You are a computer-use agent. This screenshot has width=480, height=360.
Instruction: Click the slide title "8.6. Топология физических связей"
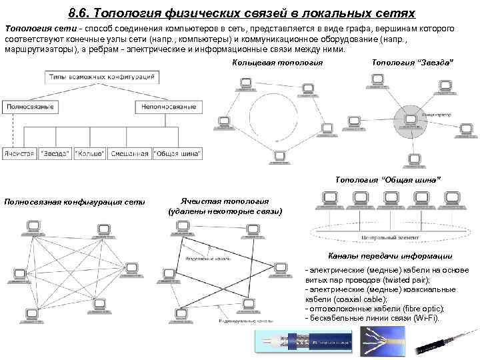click(241, 13)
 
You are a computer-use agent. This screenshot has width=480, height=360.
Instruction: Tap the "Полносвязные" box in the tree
click(30, 107)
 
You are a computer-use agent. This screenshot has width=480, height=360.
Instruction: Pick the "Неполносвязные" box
click(167, 107)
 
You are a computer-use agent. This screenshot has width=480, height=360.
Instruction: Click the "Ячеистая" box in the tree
click(19, 153)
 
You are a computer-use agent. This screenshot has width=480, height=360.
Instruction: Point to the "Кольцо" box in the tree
click(89, 153)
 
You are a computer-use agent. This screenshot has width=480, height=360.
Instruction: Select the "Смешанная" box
click(129, 153)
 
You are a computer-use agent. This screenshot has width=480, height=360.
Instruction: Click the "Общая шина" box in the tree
click(177, 153)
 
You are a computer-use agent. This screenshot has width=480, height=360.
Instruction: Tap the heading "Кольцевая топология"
click(277, 63)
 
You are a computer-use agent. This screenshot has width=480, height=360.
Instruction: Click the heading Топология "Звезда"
click(411, 63)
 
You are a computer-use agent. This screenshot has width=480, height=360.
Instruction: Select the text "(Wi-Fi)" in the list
click(426, 319)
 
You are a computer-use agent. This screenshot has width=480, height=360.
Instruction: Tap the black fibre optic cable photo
click(445, 342)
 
